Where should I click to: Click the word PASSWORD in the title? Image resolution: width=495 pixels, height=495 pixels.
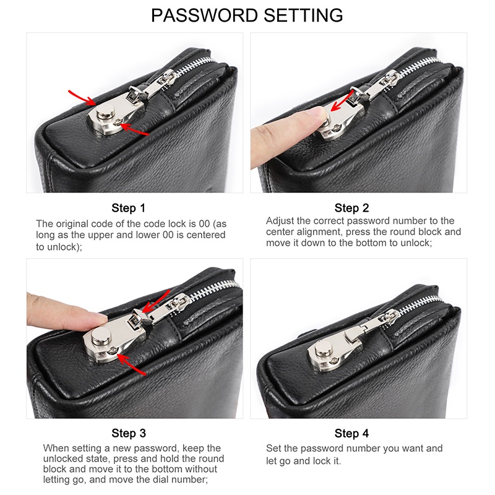[x=205, y=15]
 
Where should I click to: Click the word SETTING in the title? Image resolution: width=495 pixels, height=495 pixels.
[x=303, y=15]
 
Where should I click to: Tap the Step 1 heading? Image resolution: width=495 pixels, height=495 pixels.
[x=128, y=208]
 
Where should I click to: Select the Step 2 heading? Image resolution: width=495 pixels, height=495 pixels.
[x=351, y=208]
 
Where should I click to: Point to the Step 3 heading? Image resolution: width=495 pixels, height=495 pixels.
[x=129, y=433]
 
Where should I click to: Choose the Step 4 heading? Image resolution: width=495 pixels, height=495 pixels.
[x=351, y=433]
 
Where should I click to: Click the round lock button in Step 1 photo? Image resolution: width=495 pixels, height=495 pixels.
[x=106, y=113]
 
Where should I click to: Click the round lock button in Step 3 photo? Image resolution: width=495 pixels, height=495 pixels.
[x=101, y=336]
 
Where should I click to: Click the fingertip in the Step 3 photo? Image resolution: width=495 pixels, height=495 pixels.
[x=100, y=319]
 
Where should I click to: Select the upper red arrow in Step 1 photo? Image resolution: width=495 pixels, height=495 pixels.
[x=82, y=97]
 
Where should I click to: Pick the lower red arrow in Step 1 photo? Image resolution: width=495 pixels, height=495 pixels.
[x=134, y=129]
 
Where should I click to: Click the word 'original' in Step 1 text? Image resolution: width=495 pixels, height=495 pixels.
[x=72, y=224]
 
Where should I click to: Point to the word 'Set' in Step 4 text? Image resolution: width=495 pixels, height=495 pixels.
[x=273, y=448]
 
